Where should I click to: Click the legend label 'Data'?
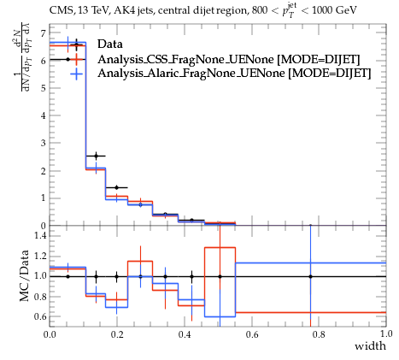(110, 44)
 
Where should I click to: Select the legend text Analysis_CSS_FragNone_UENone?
(185, 59)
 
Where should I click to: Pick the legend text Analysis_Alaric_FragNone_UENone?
(191, 74)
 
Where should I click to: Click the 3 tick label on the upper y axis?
(43, 143)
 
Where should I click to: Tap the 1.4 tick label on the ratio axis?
(40, 235)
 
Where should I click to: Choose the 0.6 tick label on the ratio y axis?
(40, 316)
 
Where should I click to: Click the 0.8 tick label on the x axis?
(319, 333)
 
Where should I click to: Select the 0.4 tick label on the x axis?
(185, 333)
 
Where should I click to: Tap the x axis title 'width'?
(370, 346)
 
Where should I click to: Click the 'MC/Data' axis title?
(24, 275)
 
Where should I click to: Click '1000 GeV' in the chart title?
(334, 10)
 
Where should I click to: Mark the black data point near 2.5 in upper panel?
(96, 156)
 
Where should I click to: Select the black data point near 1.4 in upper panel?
(116, 187)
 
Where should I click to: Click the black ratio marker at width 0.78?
(310, 276)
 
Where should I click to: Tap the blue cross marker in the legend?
(76, 74)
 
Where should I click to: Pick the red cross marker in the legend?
(76, 59)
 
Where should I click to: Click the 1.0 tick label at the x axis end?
(386, 333)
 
